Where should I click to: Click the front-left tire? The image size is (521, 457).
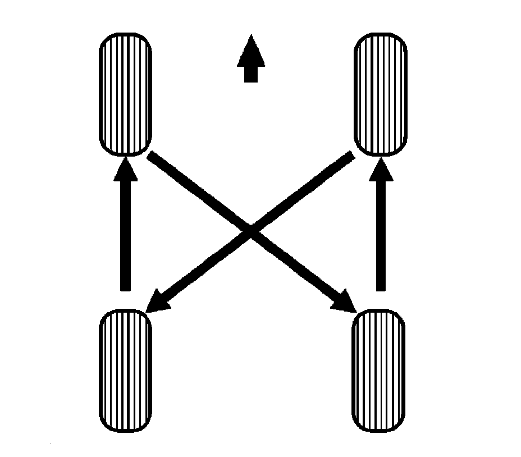[125, 94]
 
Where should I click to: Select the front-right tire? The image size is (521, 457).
[380, 94]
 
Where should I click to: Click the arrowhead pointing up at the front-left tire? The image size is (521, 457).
[125, 168]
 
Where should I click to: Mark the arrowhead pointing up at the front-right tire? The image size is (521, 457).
[380, 168]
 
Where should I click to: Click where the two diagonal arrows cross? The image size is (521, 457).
[251, 231]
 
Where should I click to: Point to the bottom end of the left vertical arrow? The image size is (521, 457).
[125, 287]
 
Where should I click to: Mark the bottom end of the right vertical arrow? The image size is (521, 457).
[380, 287]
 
